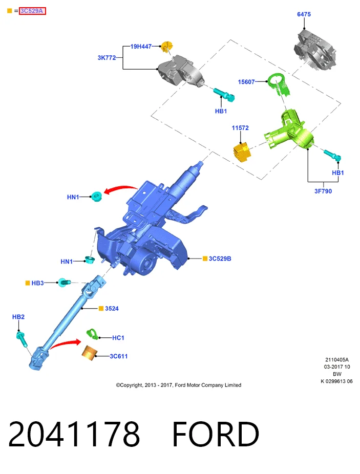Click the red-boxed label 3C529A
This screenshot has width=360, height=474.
tap(32, 11)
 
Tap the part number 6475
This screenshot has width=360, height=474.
tap(304, 14)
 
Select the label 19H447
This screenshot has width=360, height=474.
tap(141, 46)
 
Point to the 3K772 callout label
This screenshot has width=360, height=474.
tap(107, 57)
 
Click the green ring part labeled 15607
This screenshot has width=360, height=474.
tap(279, 84)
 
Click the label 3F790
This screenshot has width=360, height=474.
tap(323, 191)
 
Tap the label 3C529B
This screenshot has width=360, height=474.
tap(220, 258)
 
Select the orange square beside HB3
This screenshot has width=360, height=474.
tap(28, 283)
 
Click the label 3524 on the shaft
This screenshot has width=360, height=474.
tap(112, 308)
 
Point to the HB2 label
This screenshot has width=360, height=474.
tap(18, 317)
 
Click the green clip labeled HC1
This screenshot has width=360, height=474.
tap(92, 334)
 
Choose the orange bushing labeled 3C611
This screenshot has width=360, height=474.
tap(90, 353)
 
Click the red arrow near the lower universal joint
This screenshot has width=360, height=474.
tap(65, 343)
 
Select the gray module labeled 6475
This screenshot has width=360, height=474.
tap(315, 50)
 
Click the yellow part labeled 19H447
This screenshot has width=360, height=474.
tap(167, 47)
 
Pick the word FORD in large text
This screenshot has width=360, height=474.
tap(216, 434)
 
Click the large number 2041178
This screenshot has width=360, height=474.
tap(74, 434)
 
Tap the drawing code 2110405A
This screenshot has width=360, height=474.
tap(337, 359)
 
